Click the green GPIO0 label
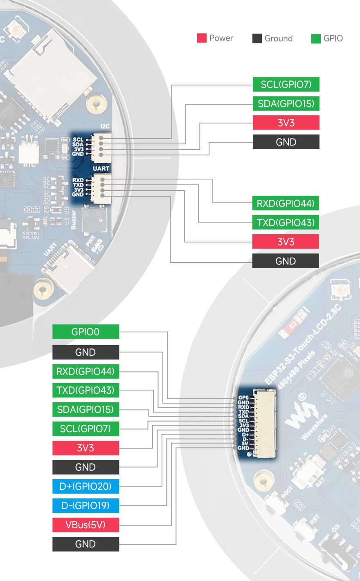click(85, 332)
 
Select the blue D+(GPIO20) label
click(85, 486)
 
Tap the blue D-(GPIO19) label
click(85, 505)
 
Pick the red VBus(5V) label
click(85, 525)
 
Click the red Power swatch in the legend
click(202, 38)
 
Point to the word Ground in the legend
click(278, 38)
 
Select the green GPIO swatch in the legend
click(316, 38)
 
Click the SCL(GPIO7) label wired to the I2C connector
click(286, 84)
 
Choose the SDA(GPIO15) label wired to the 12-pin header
click(85, 409)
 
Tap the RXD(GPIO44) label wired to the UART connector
click(285, 203)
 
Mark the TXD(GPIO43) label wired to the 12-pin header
click(85, 390)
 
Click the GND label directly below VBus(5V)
click(85, 544)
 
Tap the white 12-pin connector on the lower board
click(264, 423)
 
